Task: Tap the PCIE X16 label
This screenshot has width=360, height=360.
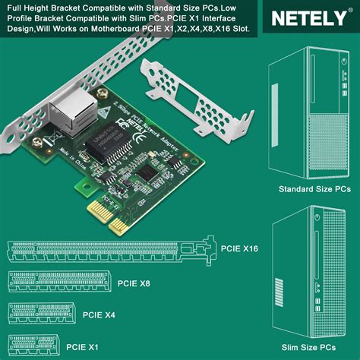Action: pos(241,248)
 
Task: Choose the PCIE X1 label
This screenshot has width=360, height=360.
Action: pos(83,346)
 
